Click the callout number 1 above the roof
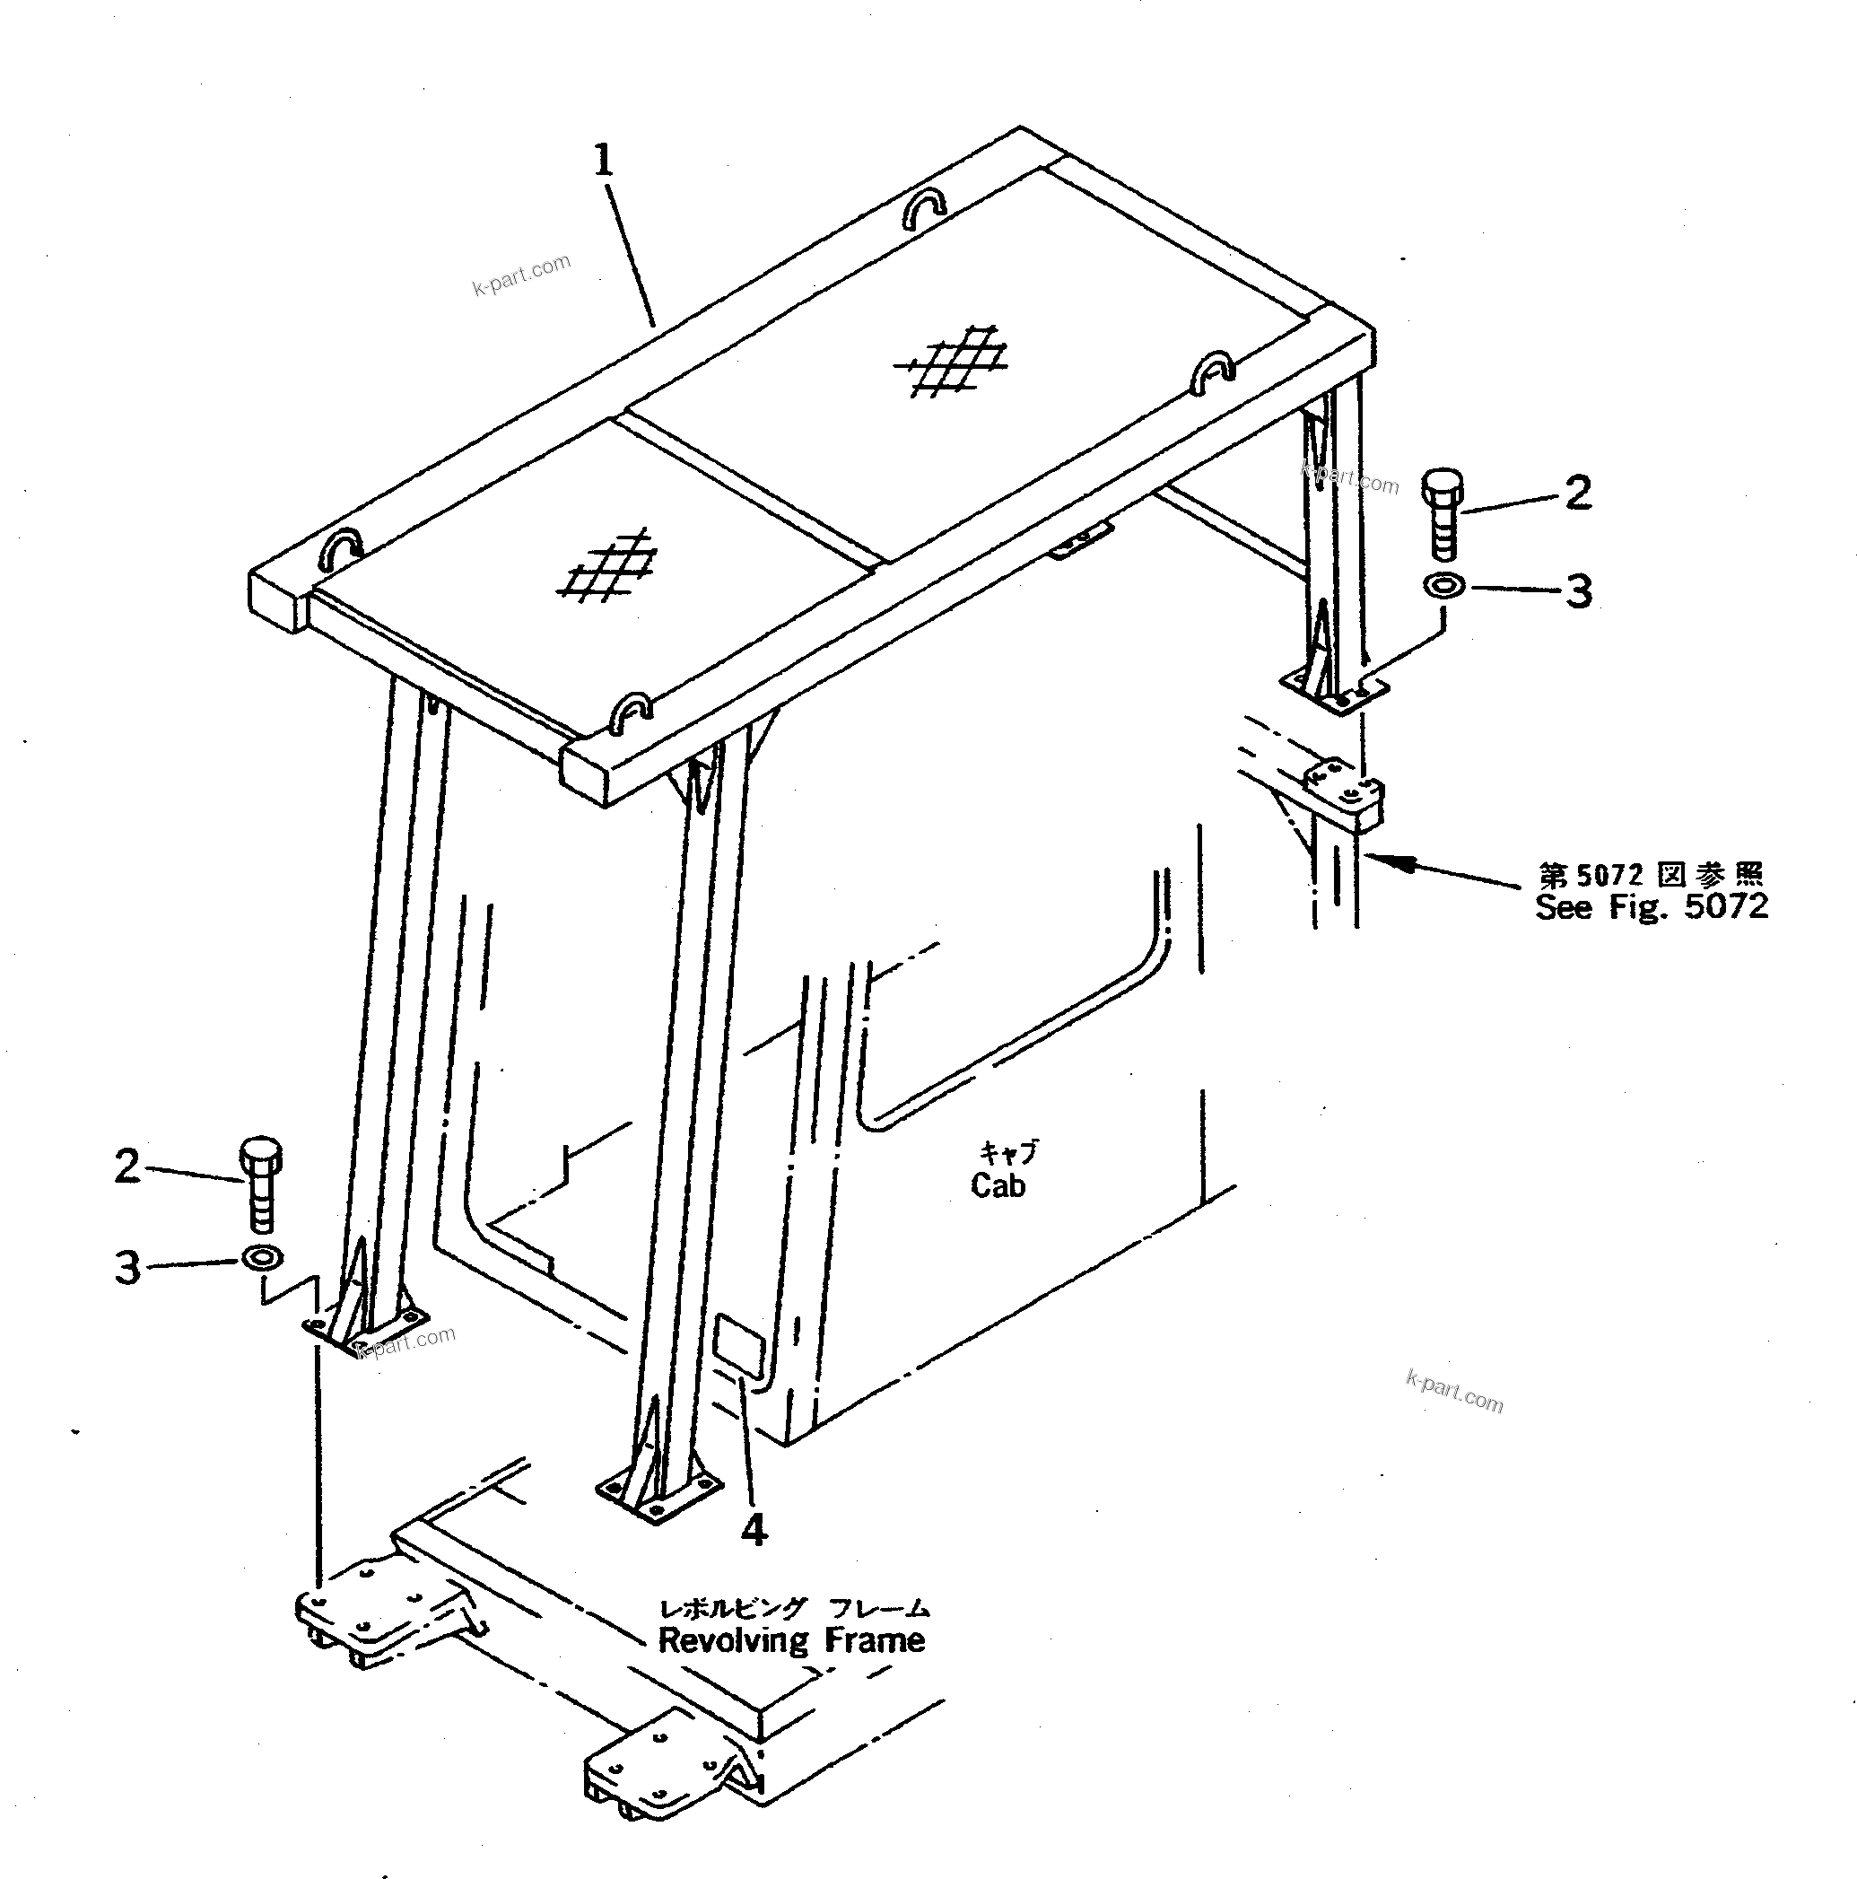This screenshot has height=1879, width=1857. (x=604, y=162)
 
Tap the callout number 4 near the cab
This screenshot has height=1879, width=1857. (x=754, y=1530)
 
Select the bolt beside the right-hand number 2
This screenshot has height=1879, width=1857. (x=1443, y=514)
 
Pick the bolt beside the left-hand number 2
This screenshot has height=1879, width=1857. (x=258, y=1184)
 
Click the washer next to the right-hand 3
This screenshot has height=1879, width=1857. (x=1443, y=587)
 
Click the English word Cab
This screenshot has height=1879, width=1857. (x=998, y=1185)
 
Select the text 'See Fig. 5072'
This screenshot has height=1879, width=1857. (x=1651, y=906)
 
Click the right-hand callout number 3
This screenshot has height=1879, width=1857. (x=1577, y=592)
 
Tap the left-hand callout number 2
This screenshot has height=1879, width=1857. (x=127, y=1167)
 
